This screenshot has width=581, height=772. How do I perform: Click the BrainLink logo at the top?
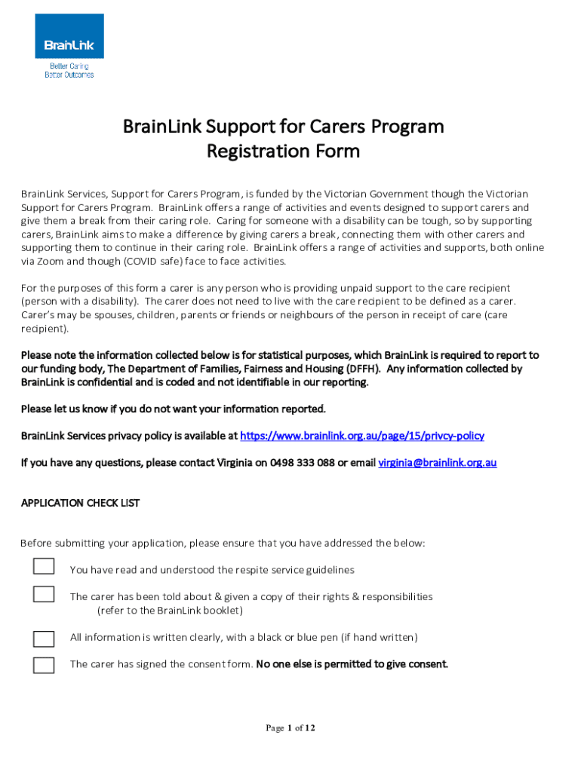click(x=69, y=37)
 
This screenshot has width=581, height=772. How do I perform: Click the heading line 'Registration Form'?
click(x=283, y=152)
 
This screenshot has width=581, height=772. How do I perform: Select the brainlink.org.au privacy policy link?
click(x=361, y=436)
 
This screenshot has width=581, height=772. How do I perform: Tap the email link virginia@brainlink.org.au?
click(x=437, y=463)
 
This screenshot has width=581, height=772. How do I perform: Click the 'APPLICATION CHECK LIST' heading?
click(x=80, y=503)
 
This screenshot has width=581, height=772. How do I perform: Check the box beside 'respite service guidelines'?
click(x=44, y=567)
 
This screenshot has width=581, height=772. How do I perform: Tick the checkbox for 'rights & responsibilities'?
click(x=44, y=594)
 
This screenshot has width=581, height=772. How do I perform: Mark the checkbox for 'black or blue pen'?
click(x=44, y=638)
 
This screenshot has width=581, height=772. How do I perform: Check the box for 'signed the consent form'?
click(x=44, y=665)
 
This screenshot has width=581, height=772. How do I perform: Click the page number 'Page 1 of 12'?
click(x=290, y=728)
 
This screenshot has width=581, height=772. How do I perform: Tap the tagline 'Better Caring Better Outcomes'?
click(x=69, y=71)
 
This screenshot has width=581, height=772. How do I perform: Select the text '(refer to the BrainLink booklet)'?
click(x=170, y=610)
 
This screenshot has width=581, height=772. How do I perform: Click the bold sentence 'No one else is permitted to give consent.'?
click(x=352, y=664)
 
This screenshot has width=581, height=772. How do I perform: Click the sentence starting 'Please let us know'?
click(x=174, y=409)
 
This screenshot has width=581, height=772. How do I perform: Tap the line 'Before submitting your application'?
click(x=223, y=543)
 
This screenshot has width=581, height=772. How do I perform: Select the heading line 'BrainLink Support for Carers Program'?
click(x=283, y=126)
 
